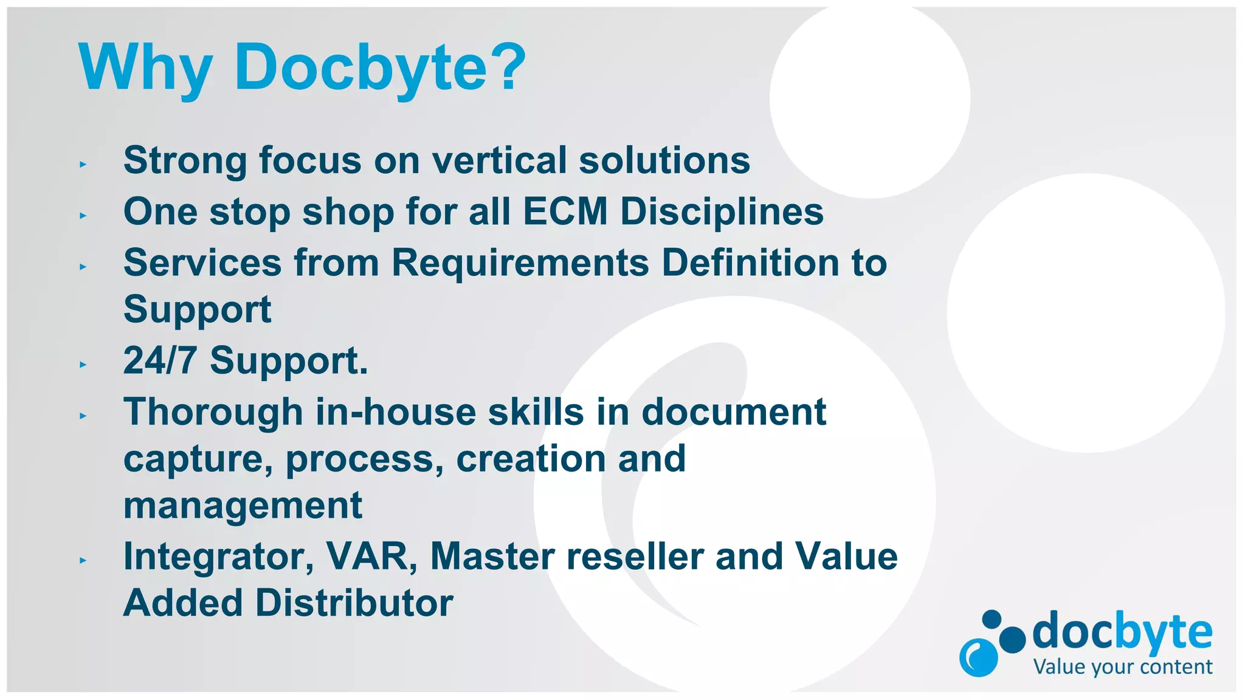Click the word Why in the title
pos(145,68)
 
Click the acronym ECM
pos(565,211)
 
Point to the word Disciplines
pos(722,213)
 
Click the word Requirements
pos(520,264)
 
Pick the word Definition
pos(750,262)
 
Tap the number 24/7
pos(160,360)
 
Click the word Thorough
pos(213,413)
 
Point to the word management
pos(243,506)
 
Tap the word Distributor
pos(354,603)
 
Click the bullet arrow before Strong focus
pos(83,164)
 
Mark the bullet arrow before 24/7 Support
pos(83,365)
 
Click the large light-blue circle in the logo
pos(978,657)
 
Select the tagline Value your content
pos(1122,667)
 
